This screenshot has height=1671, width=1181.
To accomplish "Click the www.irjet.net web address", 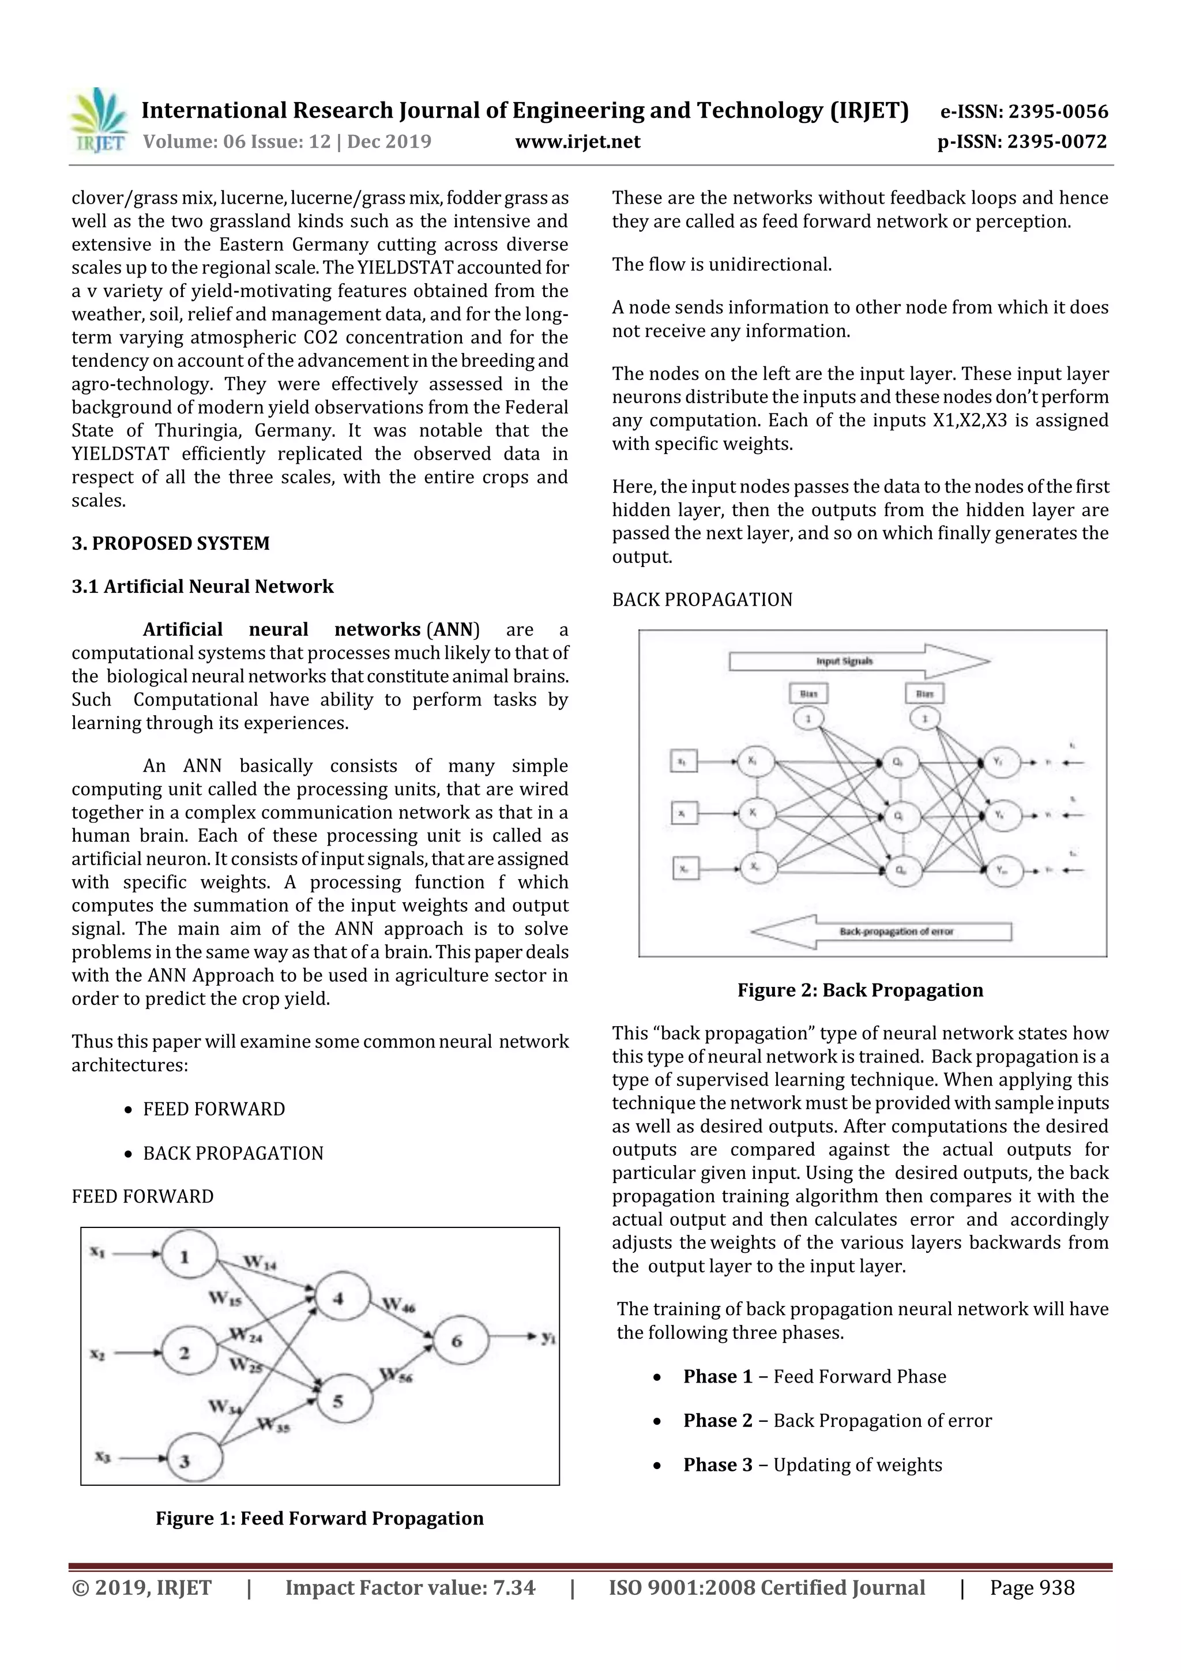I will click(x=577, y=142).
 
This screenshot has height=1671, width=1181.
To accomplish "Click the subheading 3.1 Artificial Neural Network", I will click(x=202, y=587).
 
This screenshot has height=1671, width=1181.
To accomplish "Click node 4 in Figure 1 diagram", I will click(x=339, y=1296).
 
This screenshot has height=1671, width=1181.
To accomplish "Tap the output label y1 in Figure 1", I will click(x=548, y=1336).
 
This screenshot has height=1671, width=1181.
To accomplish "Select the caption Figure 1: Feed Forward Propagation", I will click(x=319, y=1518).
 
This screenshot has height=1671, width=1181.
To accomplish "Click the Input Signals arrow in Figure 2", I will click(x=859, y=662).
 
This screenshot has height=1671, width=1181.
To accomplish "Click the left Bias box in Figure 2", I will click(x=808, y=693).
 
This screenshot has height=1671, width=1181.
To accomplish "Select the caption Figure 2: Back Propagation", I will click(x=860, y=990).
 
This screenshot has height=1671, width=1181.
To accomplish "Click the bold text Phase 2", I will click(x=717, y=1420).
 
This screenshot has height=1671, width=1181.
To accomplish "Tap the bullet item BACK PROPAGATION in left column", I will click(x=233, y=1154).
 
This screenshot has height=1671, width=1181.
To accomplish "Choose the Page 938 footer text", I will click(x=1031, y=1587).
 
